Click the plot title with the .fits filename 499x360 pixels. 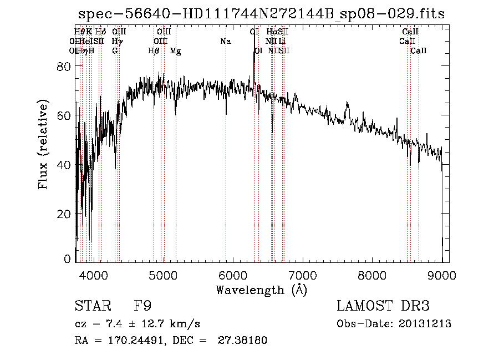[261, 14]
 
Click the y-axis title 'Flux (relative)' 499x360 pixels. [43, 145]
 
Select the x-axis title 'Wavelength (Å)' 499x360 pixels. [261, 290]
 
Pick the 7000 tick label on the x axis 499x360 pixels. [303, 275]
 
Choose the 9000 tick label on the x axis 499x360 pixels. [442, 275]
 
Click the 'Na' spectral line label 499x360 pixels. [225, 41]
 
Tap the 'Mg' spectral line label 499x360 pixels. [175, 51]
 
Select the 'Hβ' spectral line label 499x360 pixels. [154, 51]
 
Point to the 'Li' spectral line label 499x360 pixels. [282, 41]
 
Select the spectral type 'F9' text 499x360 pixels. [142, 306]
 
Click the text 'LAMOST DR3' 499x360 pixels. [383, 306]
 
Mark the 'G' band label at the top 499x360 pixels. [115, 51]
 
